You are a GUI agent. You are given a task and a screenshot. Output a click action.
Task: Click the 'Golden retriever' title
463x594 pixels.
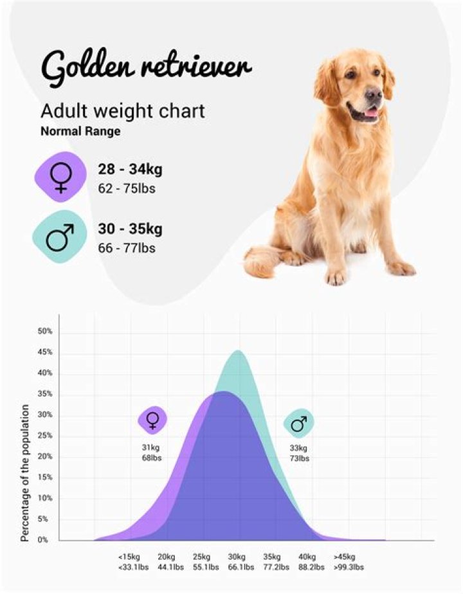(x=146, y=67)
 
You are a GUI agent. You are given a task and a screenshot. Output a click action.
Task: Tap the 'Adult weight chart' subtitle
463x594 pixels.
(x=123, y=111)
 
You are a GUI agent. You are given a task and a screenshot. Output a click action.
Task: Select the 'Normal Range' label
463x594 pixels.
(x=80, y=130)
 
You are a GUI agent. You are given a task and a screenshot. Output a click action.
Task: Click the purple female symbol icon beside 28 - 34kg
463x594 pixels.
(x=60, y=178)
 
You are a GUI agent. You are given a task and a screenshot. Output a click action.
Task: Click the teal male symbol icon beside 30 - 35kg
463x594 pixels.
(x=60, y=236)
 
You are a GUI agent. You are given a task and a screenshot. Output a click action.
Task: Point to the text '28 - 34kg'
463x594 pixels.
(x=130, y=170)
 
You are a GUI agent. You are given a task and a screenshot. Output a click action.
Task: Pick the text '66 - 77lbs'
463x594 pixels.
(x=127, y=248)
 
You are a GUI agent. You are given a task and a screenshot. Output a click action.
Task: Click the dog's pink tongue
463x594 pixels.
(x=372, y=114)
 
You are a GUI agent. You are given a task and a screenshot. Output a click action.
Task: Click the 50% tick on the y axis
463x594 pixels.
(x=44, y=332)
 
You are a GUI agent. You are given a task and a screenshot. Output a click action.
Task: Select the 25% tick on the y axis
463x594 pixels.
(x=44, y=436)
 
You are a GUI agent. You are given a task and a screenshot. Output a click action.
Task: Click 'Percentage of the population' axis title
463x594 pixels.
(x=25, y=473)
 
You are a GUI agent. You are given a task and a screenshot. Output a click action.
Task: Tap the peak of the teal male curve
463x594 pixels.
(x=239, y=351)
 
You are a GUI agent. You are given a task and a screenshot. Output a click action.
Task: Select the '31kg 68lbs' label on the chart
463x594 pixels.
(x=152, y=453)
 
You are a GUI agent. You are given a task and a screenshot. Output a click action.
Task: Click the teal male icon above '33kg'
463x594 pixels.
(x=298, y=423)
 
